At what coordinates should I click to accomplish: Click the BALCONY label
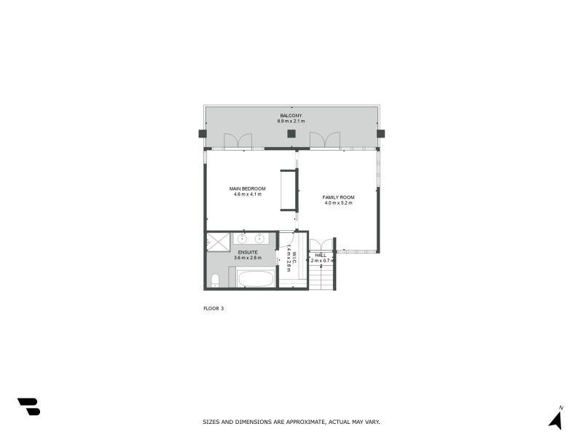pyautogui.click(x=291, y=116)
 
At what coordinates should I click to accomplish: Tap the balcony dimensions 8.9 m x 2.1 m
pyautogui.click(x=291, y=122)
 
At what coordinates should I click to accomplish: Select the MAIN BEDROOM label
pyautogui.click(x=247, y=189)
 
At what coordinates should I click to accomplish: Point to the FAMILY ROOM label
pyautogui.click(x=338, y=197)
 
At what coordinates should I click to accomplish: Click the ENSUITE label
pyautogui.click(x=246, y=252)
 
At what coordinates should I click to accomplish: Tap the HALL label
pyautogui.click(x=321, y=255)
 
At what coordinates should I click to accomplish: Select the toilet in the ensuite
pyautogui.click(x=214, y=280)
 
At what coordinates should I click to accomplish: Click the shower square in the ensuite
pyautogui.click(x=218, y=241)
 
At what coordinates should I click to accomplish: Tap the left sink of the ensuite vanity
pyautogui.click(x=242, y=238)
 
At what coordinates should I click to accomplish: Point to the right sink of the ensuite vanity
pyautogui.click(x=259, y=238)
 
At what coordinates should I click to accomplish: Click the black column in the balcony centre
pyautogui.click(x=291, y=134)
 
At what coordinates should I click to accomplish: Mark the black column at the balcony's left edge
pyautogui.click(x=202, y=134)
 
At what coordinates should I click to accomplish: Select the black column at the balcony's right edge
pyautogui.click(x=380, y=134)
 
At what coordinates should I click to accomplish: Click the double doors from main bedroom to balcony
pyautogui.click(x=238, y=141)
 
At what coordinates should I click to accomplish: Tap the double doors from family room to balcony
pyautogui.click(x=325, y=141)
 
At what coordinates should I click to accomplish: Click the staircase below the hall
pyautogui.click(x=321, y=277)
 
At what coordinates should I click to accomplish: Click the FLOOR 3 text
pyautogui.click(x=214, y=309)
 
